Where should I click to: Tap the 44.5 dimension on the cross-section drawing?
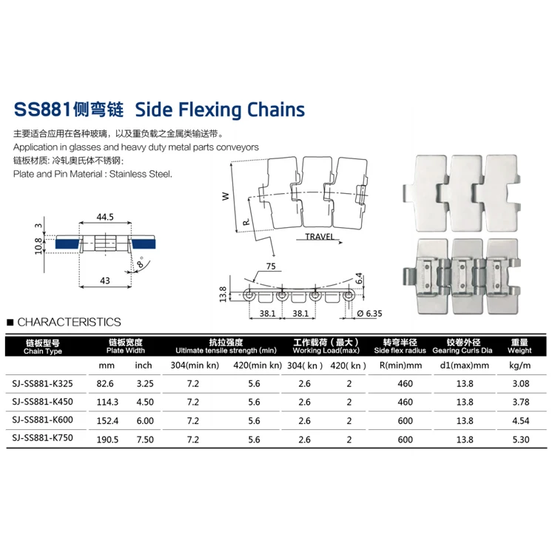click(x=104, y=217)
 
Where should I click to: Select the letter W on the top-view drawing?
click(x=225, y=197)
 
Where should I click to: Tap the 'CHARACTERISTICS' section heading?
click(x=68, y=322)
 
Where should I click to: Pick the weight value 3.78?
click(x=520, y=401)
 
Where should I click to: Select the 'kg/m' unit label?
click(x=520, y=366)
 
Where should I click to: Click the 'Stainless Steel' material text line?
click(x=92, y=175)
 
